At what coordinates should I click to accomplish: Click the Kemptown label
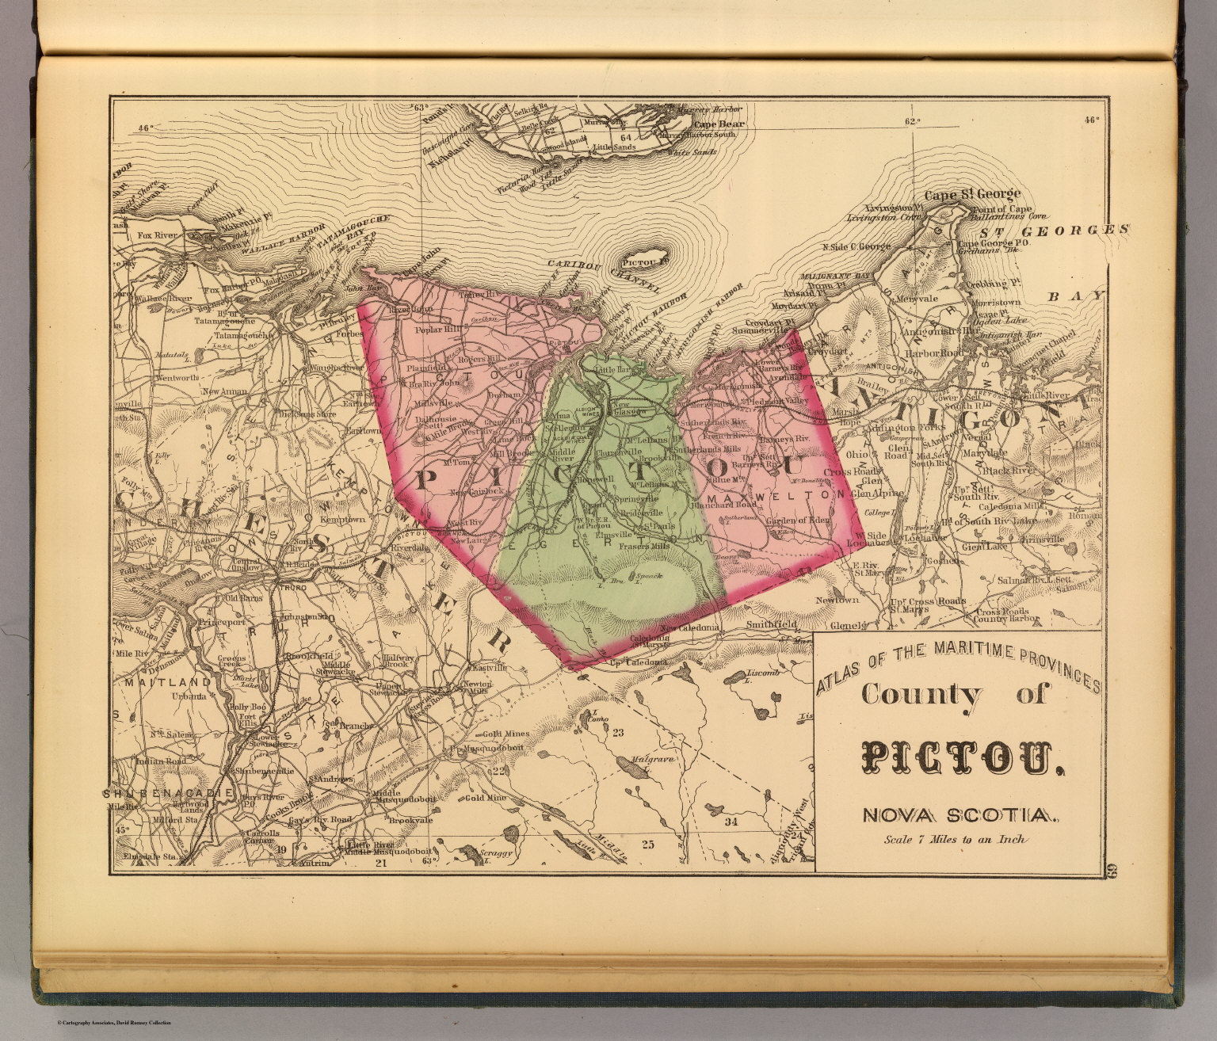coord(343,520)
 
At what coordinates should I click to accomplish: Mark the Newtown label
coord(815,601)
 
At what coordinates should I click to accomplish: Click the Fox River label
coord(155,235)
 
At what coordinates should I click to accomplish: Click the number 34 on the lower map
coord(731,822)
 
